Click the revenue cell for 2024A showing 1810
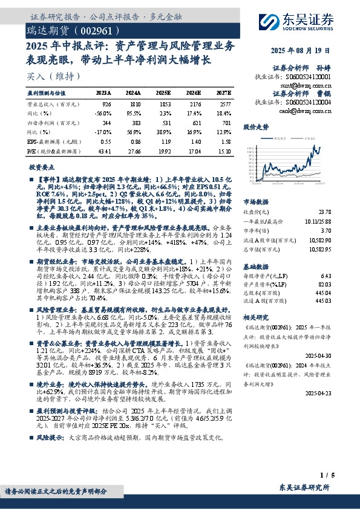[134, 105]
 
